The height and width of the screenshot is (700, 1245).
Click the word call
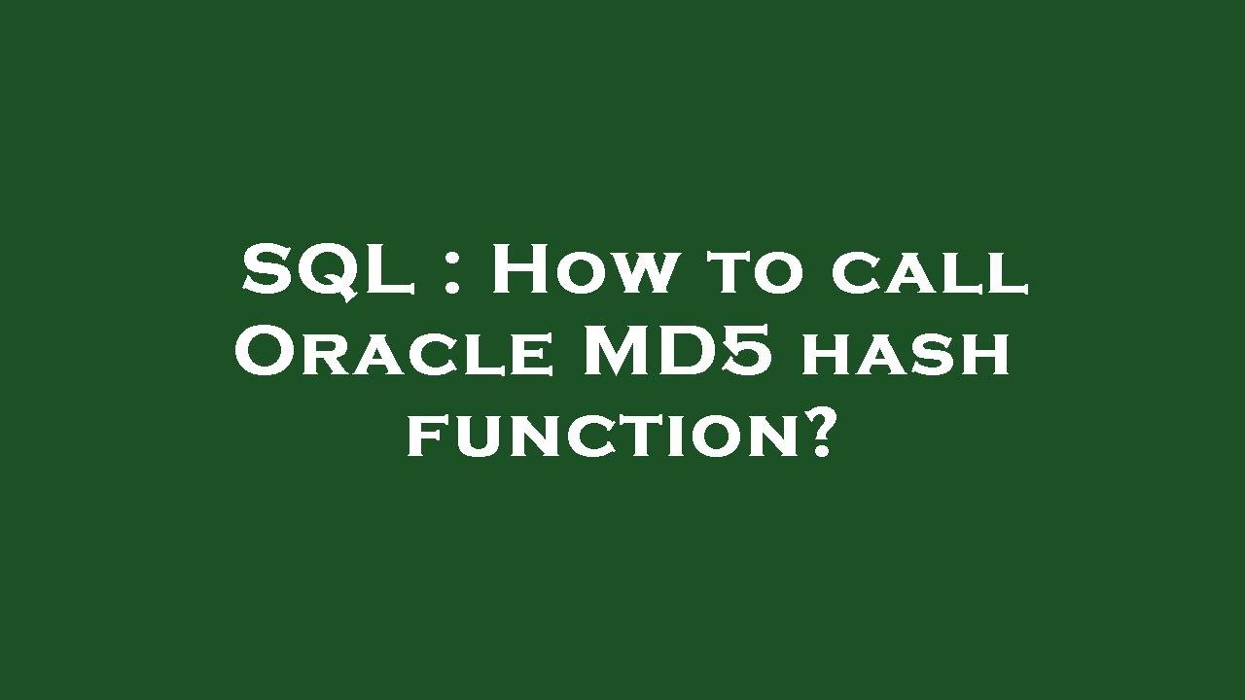click(929, 274)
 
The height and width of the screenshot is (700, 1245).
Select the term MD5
click(678, 351)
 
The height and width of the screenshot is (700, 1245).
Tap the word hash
click(905, 354)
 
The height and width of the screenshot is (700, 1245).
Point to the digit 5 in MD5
click(749, 351)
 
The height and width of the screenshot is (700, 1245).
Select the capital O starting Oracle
click(265, 352)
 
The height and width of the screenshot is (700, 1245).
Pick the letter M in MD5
click(622, 351)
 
